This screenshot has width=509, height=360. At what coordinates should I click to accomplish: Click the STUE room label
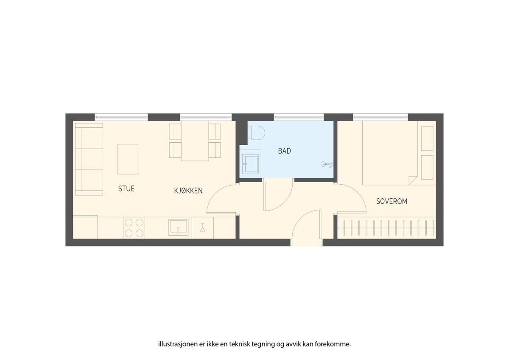tap(126, 188)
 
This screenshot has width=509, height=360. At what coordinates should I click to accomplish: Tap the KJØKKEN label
tap(188, 191)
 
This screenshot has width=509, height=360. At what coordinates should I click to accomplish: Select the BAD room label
tap(285, 151)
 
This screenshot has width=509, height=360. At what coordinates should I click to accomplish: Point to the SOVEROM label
tap(392, 201)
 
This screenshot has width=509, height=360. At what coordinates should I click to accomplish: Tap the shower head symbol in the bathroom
tap(327, 164)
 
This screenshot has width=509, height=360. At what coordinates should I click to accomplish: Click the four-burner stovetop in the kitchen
tap(134, 228)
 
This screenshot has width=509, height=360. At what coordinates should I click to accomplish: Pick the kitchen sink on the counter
tap(179, 227)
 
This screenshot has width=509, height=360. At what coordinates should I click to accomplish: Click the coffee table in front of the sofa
tap(128, 159)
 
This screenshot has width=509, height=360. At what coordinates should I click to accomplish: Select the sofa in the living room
tap(89, 159)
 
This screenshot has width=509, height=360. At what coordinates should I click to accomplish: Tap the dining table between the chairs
tap(195, 141)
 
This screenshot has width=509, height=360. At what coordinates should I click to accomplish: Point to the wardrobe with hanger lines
tap(386, 228)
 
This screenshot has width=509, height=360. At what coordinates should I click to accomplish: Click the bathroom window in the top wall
tap(299, 117)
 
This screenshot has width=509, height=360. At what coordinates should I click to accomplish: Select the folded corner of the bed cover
tap(412, 180)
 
